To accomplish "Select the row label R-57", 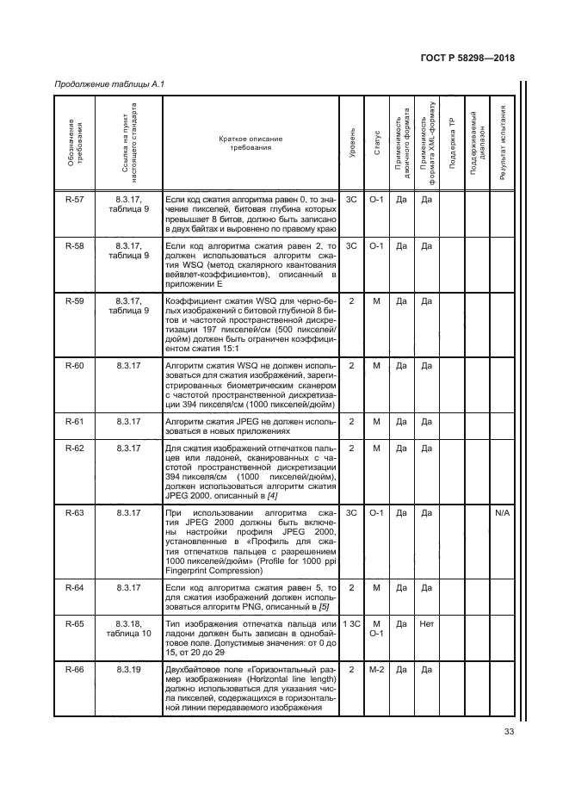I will pos(75,199).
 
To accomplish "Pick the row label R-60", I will pos(75,366).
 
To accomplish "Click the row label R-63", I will pos(75,513).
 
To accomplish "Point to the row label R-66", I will pos(75,668).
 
